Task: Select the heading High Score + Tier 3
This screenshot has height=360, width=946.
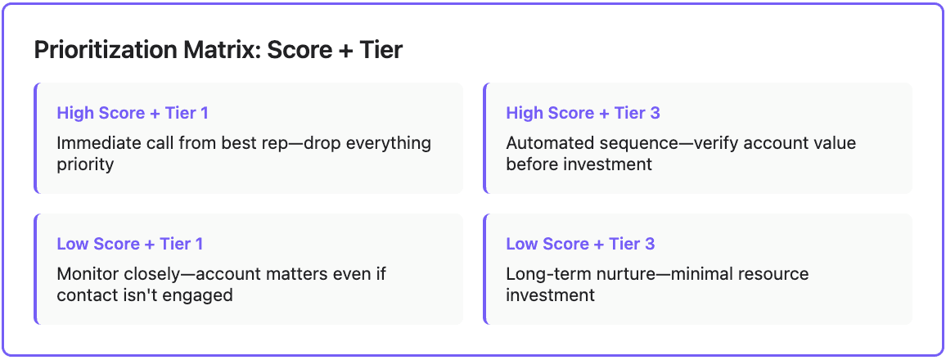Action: point(583,113)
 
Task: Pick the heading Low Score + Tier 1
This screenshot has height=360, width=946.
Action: point(130,244)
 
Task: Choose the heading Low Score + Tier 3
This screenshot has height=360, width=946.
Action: point(580,244)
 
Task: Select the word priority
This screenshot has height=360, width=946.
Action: point(85,164)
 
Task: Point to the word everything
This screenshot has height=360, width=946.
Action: point(388,143)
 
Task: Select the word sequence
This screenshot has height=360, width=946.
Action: point(629,143)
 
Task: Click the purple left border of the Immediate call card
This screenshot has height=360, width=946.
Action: point(36,137)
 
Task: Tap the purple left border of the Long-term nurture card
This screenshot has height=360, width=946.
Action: point(485,268)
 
